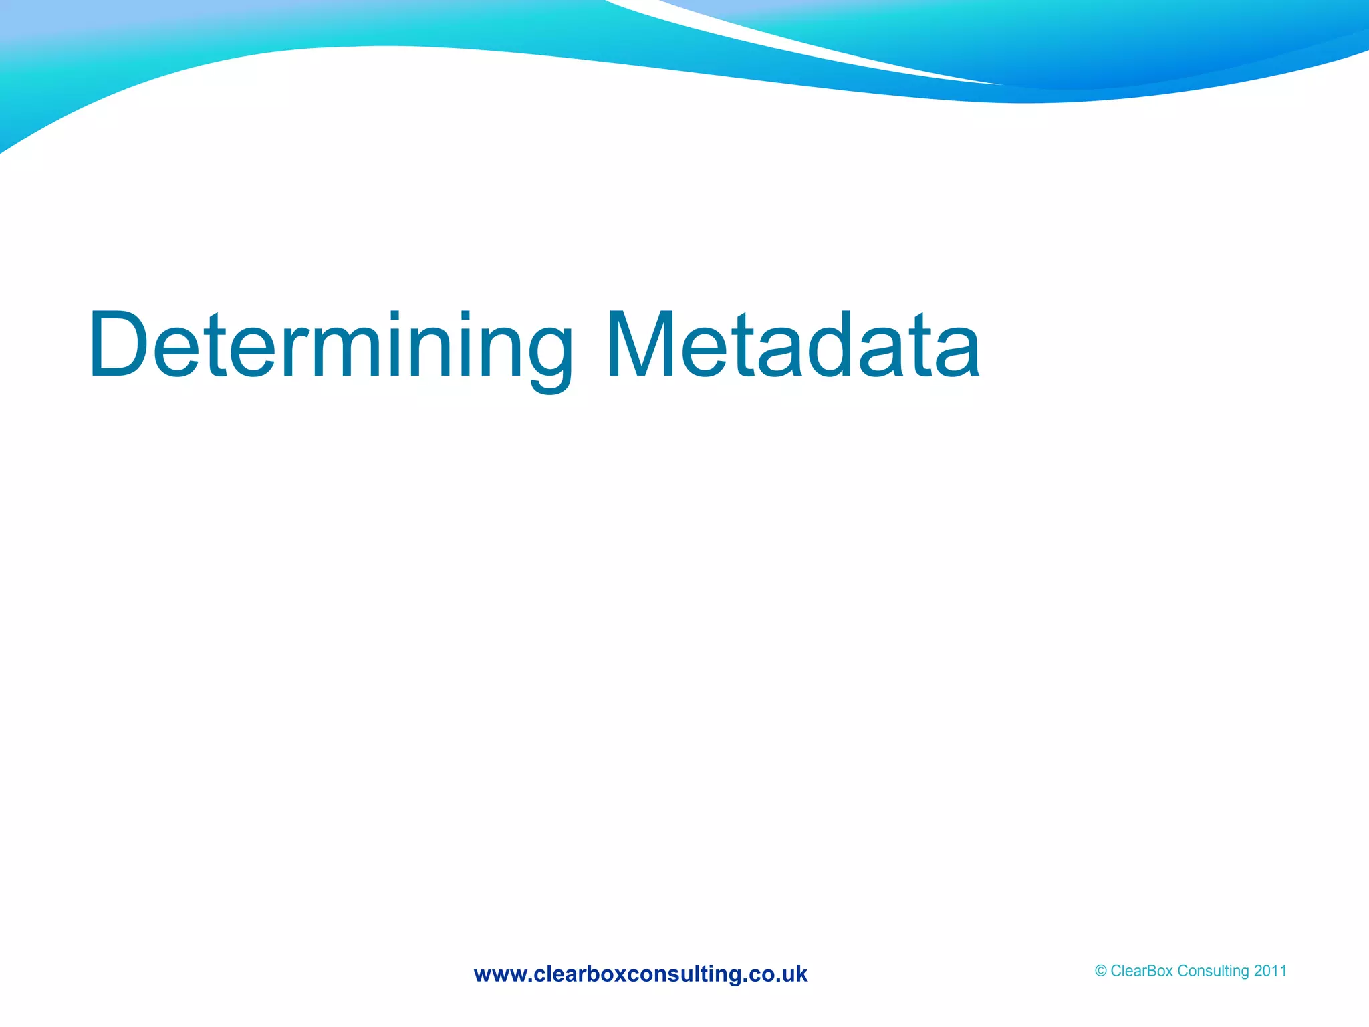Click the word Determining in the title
[330, 346]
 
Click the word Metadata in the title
[793, 345]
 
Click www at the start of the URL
[501, 975]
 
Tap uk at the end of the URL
[795, 974]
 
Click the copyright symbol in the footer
[1100, 972]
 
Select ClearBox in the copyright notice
[1142, 971]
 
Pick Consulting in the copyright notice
[1213, 972]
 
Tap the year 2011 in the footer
[1270, 971]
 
